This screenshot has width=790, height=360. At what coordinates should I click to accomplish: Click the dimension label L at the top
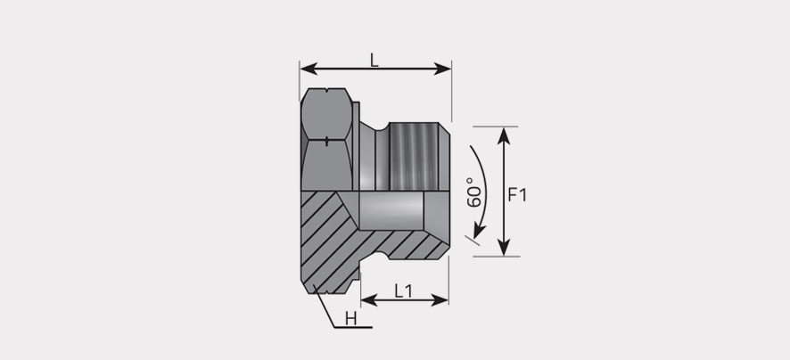tap(374, 61)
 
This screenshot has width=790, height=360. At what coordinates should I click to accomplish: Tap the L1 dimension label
tap(403, 291)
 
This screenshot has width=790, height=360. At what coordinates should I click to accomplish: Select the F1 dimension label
tap(517, 195)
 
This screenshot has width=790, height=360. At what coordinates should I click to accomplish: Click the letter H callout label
tap(351, 318)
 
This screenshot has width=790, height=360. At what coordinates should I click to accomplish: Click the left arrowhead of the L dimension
tap(309, 69)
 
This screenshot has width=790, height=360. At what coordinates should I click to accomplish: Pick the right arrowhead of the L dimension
tap(442, 69)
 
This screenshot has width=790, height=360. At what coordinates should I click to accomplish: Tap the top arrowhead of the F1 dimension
tap(504, 136)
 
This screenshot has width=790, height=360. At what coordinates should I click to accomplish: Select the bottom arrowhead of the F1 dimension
tap(504, 247)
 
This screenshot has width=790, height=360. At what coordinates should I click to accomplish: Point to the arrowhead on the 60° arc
tap(479, 232)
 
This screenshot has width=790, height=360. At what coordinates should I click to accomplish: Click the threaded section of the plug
tap(413, 157)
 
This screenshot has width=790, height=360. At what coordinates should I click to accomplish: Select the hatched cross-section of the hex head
tap(327, 241)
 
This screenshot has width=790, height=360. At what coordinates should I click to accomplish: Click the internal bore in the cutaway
tap(391, 211)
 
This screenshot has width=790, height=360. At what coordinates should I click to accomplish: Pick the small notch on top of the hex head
tap(327, 91)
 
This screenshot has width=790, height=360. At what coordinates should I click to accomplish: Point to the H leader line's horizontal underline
tap(353, 328)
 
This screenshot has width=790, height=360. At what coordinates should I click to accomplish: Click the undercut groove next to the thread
tap(382, 157)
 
